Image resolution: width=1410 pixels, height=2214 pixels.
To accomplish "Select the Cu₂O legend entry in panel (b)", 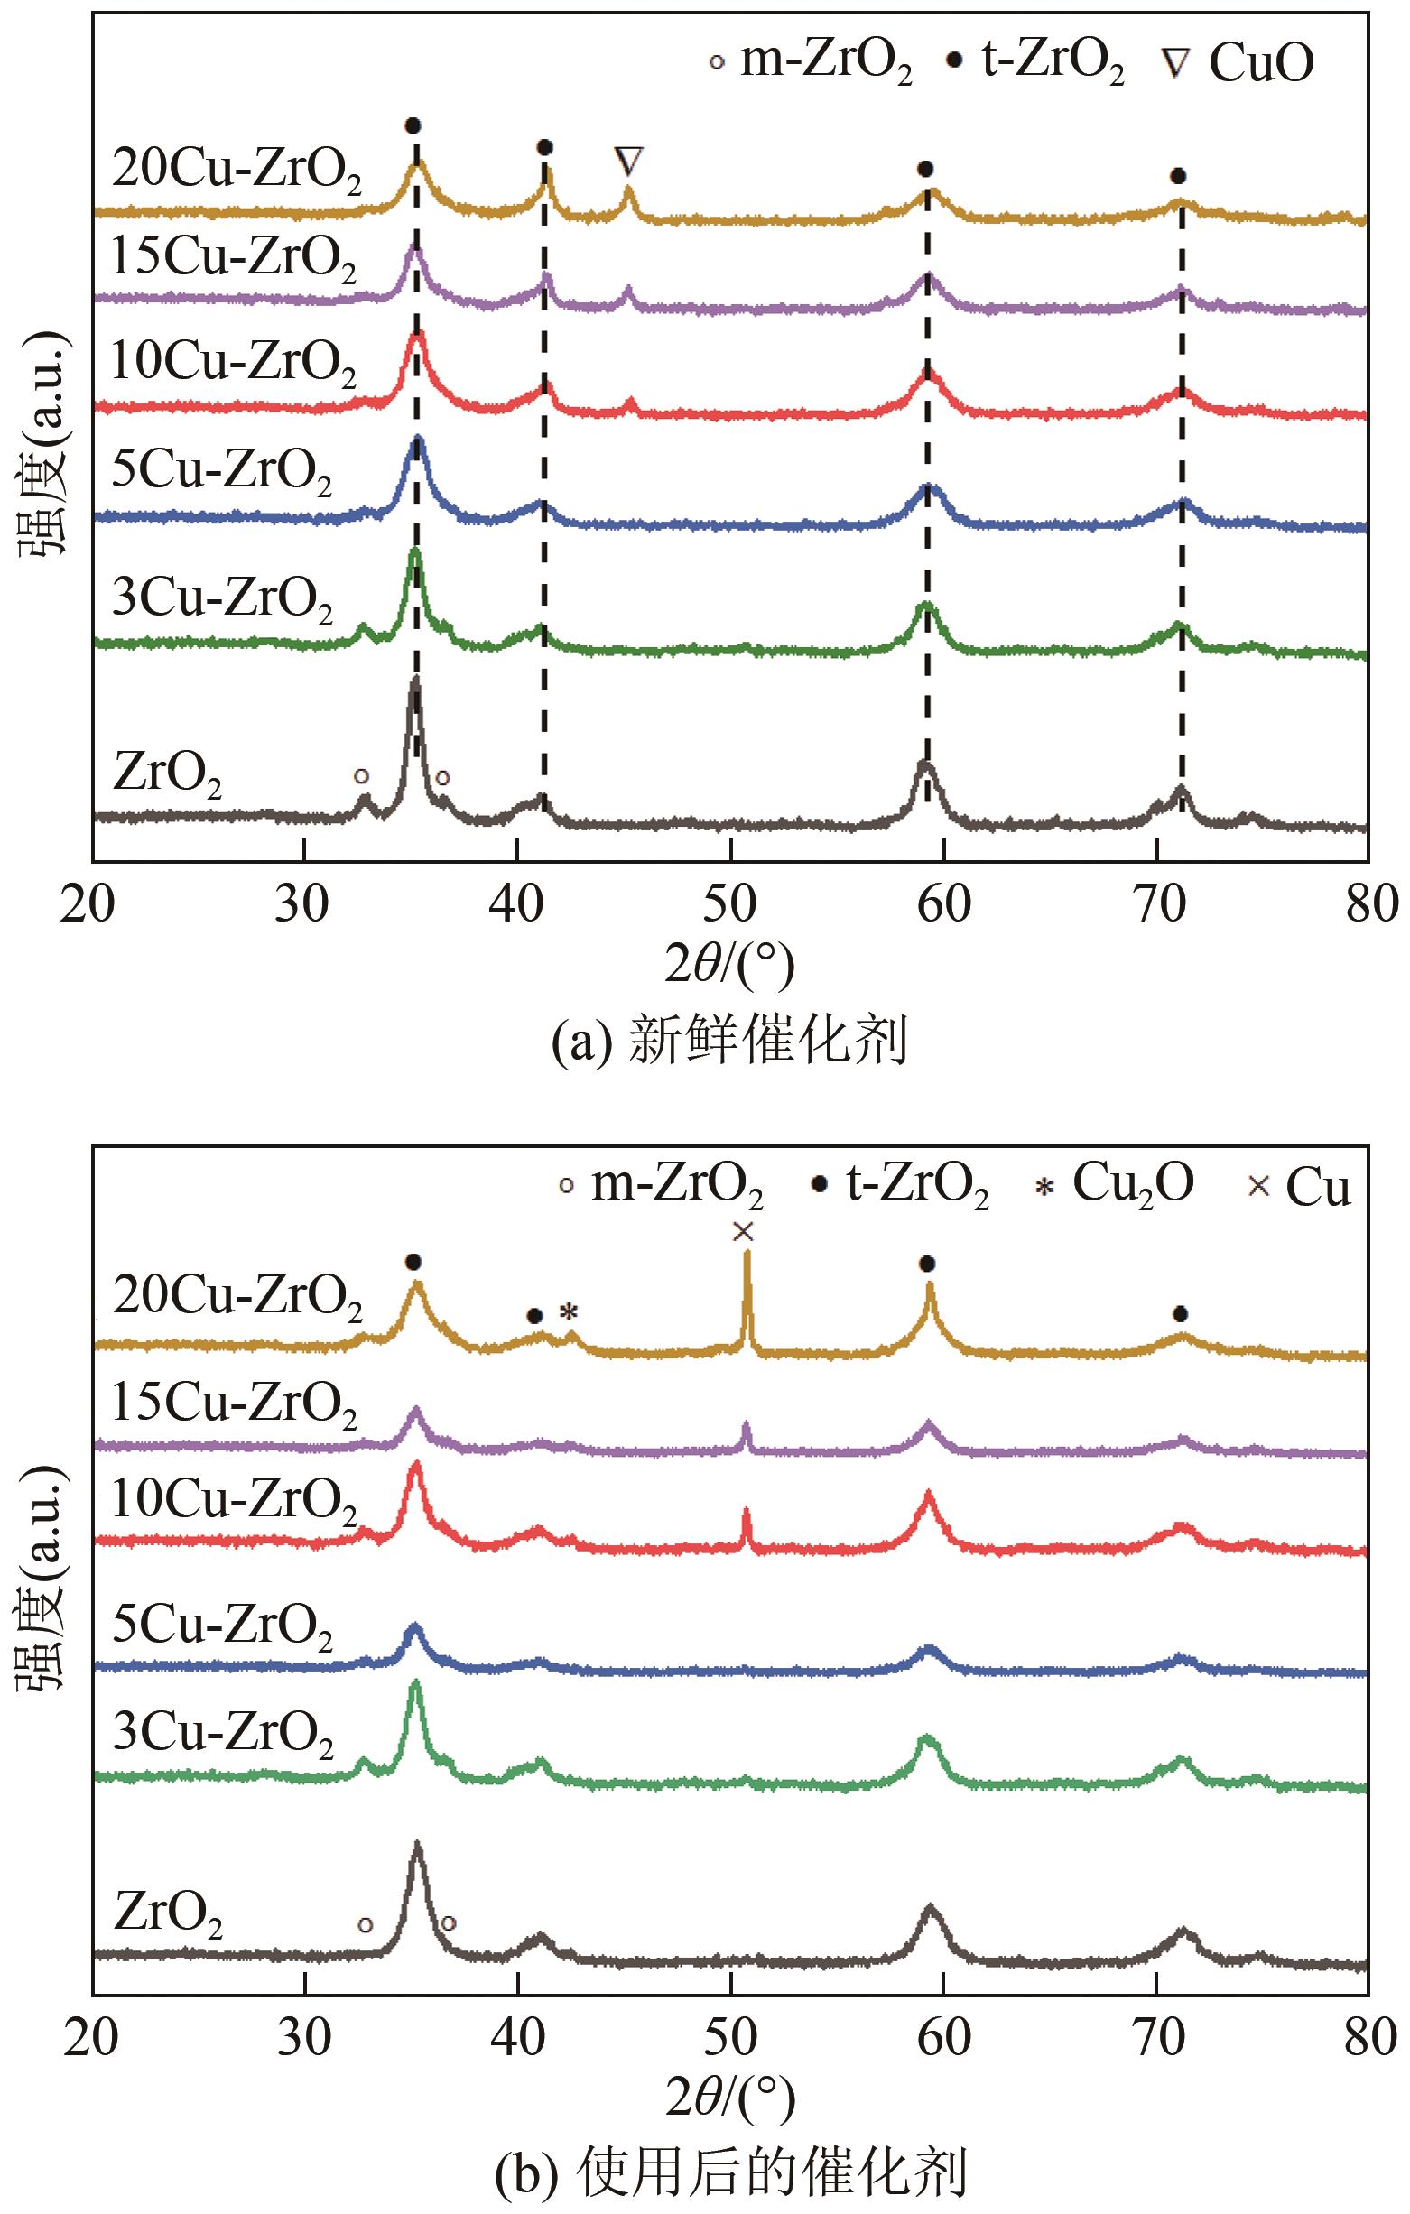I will click(1114, 1183).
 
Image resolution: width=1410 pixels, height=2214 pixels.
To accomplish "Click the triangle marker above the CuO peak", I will click(628, 161).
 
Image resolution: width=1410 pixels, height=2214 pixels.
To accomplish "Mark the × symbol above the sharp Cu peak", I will click(743, 1231).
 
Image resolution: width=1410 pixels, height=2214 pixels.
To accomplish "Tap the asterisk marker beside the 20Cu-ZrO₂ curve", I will click(570, 1312).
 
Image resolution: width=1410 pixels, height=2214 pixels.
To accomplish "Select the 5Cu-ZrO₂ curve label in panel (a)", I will click(222, 475).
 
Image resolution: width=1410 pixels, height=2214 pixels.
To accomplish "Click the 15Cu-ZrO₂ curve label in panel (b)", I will click(234, 1408).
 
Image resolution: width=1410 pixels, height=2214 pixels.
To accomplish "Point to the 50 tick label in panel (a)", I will click(730, 904).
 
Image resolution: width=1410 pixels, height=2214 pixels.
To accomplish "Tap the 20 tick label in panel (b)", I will click(92, 2038).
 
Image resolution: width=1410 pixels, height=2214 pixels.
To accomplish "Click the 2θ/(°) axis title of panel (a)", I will click(728, 966).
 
